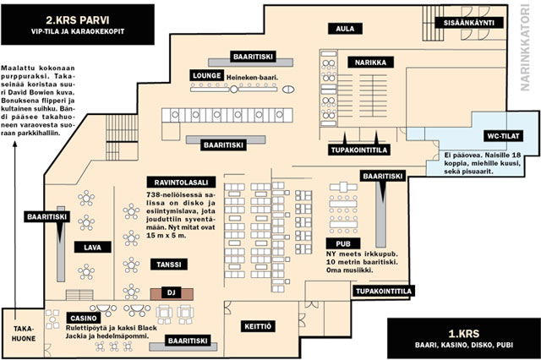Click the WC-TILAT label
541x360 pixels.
point(502,136)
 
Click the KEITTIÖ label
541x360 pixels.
point(257,325)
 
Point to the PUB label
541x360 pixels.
point(342,243)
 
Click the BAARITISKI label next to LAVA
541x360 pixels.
point(46,216)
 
